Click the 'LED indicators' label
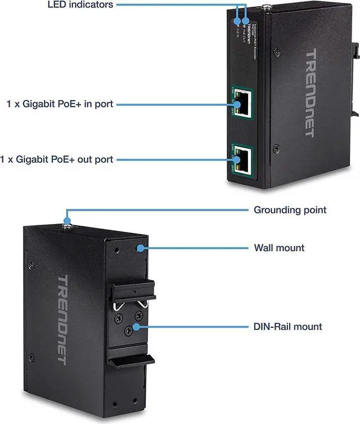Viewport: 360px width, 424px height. [x=80, y=5]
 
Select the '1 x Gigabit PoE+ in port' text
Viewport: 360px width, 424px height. [x=60, y=104]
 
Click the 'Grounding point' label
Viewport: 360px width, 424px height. [x=290, y=210]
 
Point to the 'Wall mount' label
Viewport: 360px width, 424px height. [x=279, y=247]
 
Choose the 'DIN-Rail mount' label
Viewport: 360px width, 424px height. [x=288, y=326]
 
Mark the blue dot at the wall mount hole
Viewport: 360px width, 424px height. [x=138, y=248]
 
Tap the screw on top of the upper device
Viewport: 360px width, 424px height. [x=266, y=8]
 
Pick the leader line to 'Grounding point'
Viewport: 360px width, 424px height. [x=157, y=211]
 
